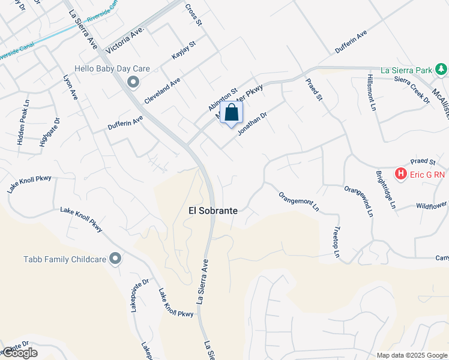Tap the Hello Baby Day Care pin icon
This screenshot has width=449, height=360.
pos(133,81)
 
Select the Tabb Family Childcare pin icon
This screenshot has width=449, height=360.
pos(115,259)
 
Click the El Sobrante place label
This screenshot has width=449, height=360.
pos(213,211)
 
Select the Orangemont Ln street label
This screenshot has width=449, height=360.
pos(298,202)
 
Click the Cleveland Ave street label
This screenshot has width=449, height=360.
pos(162,90)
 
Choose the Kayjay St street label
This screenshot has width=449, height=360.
pos(184,50)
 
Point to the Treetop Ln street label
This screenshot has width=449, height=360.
pos(336,244)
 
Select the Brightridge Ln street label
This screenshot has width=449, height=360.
pos(386,190)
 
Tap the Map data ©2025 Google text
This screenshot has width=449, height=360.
pos(412,355)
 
